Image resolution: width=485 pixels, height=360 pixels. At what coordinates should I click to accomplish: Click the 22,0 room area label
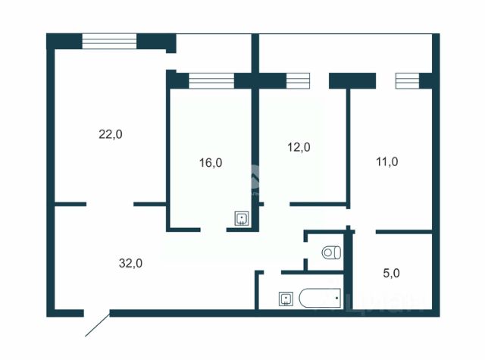point(110,134)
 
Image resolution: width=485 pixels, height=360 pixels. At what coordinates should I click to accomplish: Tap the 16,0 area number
point(210,162)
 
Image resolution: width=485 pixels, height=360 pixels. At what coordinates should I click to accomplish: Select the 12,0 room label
point(299,148)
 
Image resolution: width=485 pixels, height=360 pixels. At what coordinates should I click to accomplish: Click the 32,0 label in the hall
point(130,263)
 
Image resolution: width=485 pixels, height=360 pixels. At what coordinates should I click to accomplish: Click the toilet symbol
point(330,252)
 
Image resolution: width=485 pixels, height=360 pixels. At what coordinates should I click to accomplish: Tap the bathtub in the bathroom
point(318,298)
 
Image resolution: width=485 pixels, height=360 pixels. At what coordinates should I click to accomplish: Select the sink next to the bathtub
point(286,298)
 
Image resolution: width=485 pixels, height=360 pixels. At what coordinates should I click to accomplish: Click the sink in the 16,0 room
point(241,219)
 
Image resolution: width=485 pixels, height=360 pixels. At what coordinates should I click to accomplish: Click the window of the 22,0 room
point(109,41)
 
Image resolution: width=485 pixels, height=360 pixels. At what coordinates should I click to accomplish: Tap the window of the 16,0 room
point(211,80)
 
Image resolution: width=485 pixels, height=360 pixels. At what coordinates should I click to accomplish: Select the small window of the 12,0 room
point(298,80)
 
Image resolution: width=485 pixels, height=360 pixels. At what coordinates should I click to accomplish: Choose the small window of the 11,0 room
point(407,80)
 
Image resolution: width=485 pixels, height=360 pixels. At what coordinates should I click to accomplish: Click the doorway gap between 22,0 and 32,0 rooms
point(111,203)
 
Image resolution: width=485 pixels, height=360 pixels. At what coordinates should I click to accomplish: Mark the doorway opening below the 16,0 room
point(214,229)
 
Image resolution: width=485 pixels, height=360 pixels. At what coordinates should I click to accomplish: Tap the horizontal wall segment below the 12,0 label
point(318,204)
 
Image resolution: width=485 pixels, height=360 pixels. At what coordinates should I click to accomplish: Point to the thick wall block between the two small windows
point(352,80)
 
